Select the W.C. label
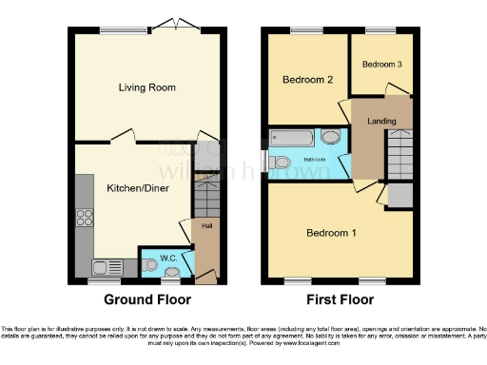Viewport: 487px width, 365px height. point(167,257)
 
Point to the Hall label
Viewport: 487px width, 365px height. point(205,226)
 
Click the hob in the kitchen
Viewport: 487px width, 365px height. point(84,216)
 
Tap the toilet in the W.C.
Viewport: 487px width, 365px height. point(149,266)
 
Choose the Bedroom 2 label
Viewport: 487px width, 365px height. point(307,81)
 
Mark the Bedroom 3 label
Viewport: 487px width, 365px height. point(381,64)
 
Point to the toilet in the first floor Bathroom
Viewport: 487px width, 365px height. point(279,163)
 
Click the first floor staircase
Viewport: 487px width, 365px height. point(399,152)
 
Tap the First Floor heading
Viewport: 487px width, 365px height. point(339,299)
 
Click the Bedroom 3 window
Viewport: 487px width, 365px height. point(380,30)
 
